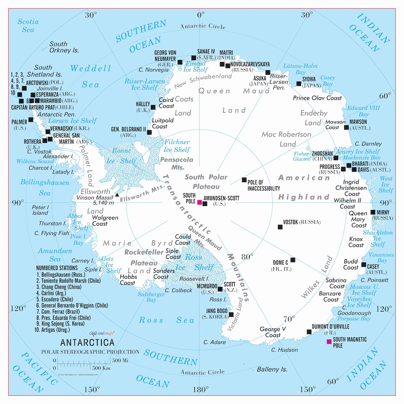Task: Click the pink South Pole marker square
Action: coord(200,202)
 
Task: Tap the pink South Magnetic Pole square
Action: coord(329,342)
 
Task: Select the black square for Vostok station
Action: coord(280,227)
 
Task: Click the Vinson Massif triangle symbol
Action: coord(117,195)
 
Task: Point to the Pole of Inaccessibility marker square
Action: coord(244,180)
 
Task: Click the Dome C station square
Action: coord(293,260)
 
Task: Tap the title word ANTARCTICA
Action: coord(88,342)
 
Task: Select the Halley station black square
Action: coord(153,107)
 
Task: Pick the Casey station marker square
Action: coord(364,264)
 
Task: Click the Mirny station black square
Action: coord(373,212)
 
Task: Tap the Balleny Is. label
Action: coord(272,369)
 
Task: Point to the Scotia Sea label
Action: coord(28,25)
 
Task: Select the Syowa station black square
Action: coord(299,83)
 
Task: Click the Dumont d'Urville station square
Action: coord(309,332)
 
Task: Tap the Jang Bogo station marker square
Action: coord(231,315)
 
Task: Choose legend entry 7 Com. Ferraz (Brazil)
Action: coord(58,312)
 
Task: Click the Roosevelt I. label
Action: coord(194,279)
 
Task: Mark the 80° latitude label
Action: coord(247,257)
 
